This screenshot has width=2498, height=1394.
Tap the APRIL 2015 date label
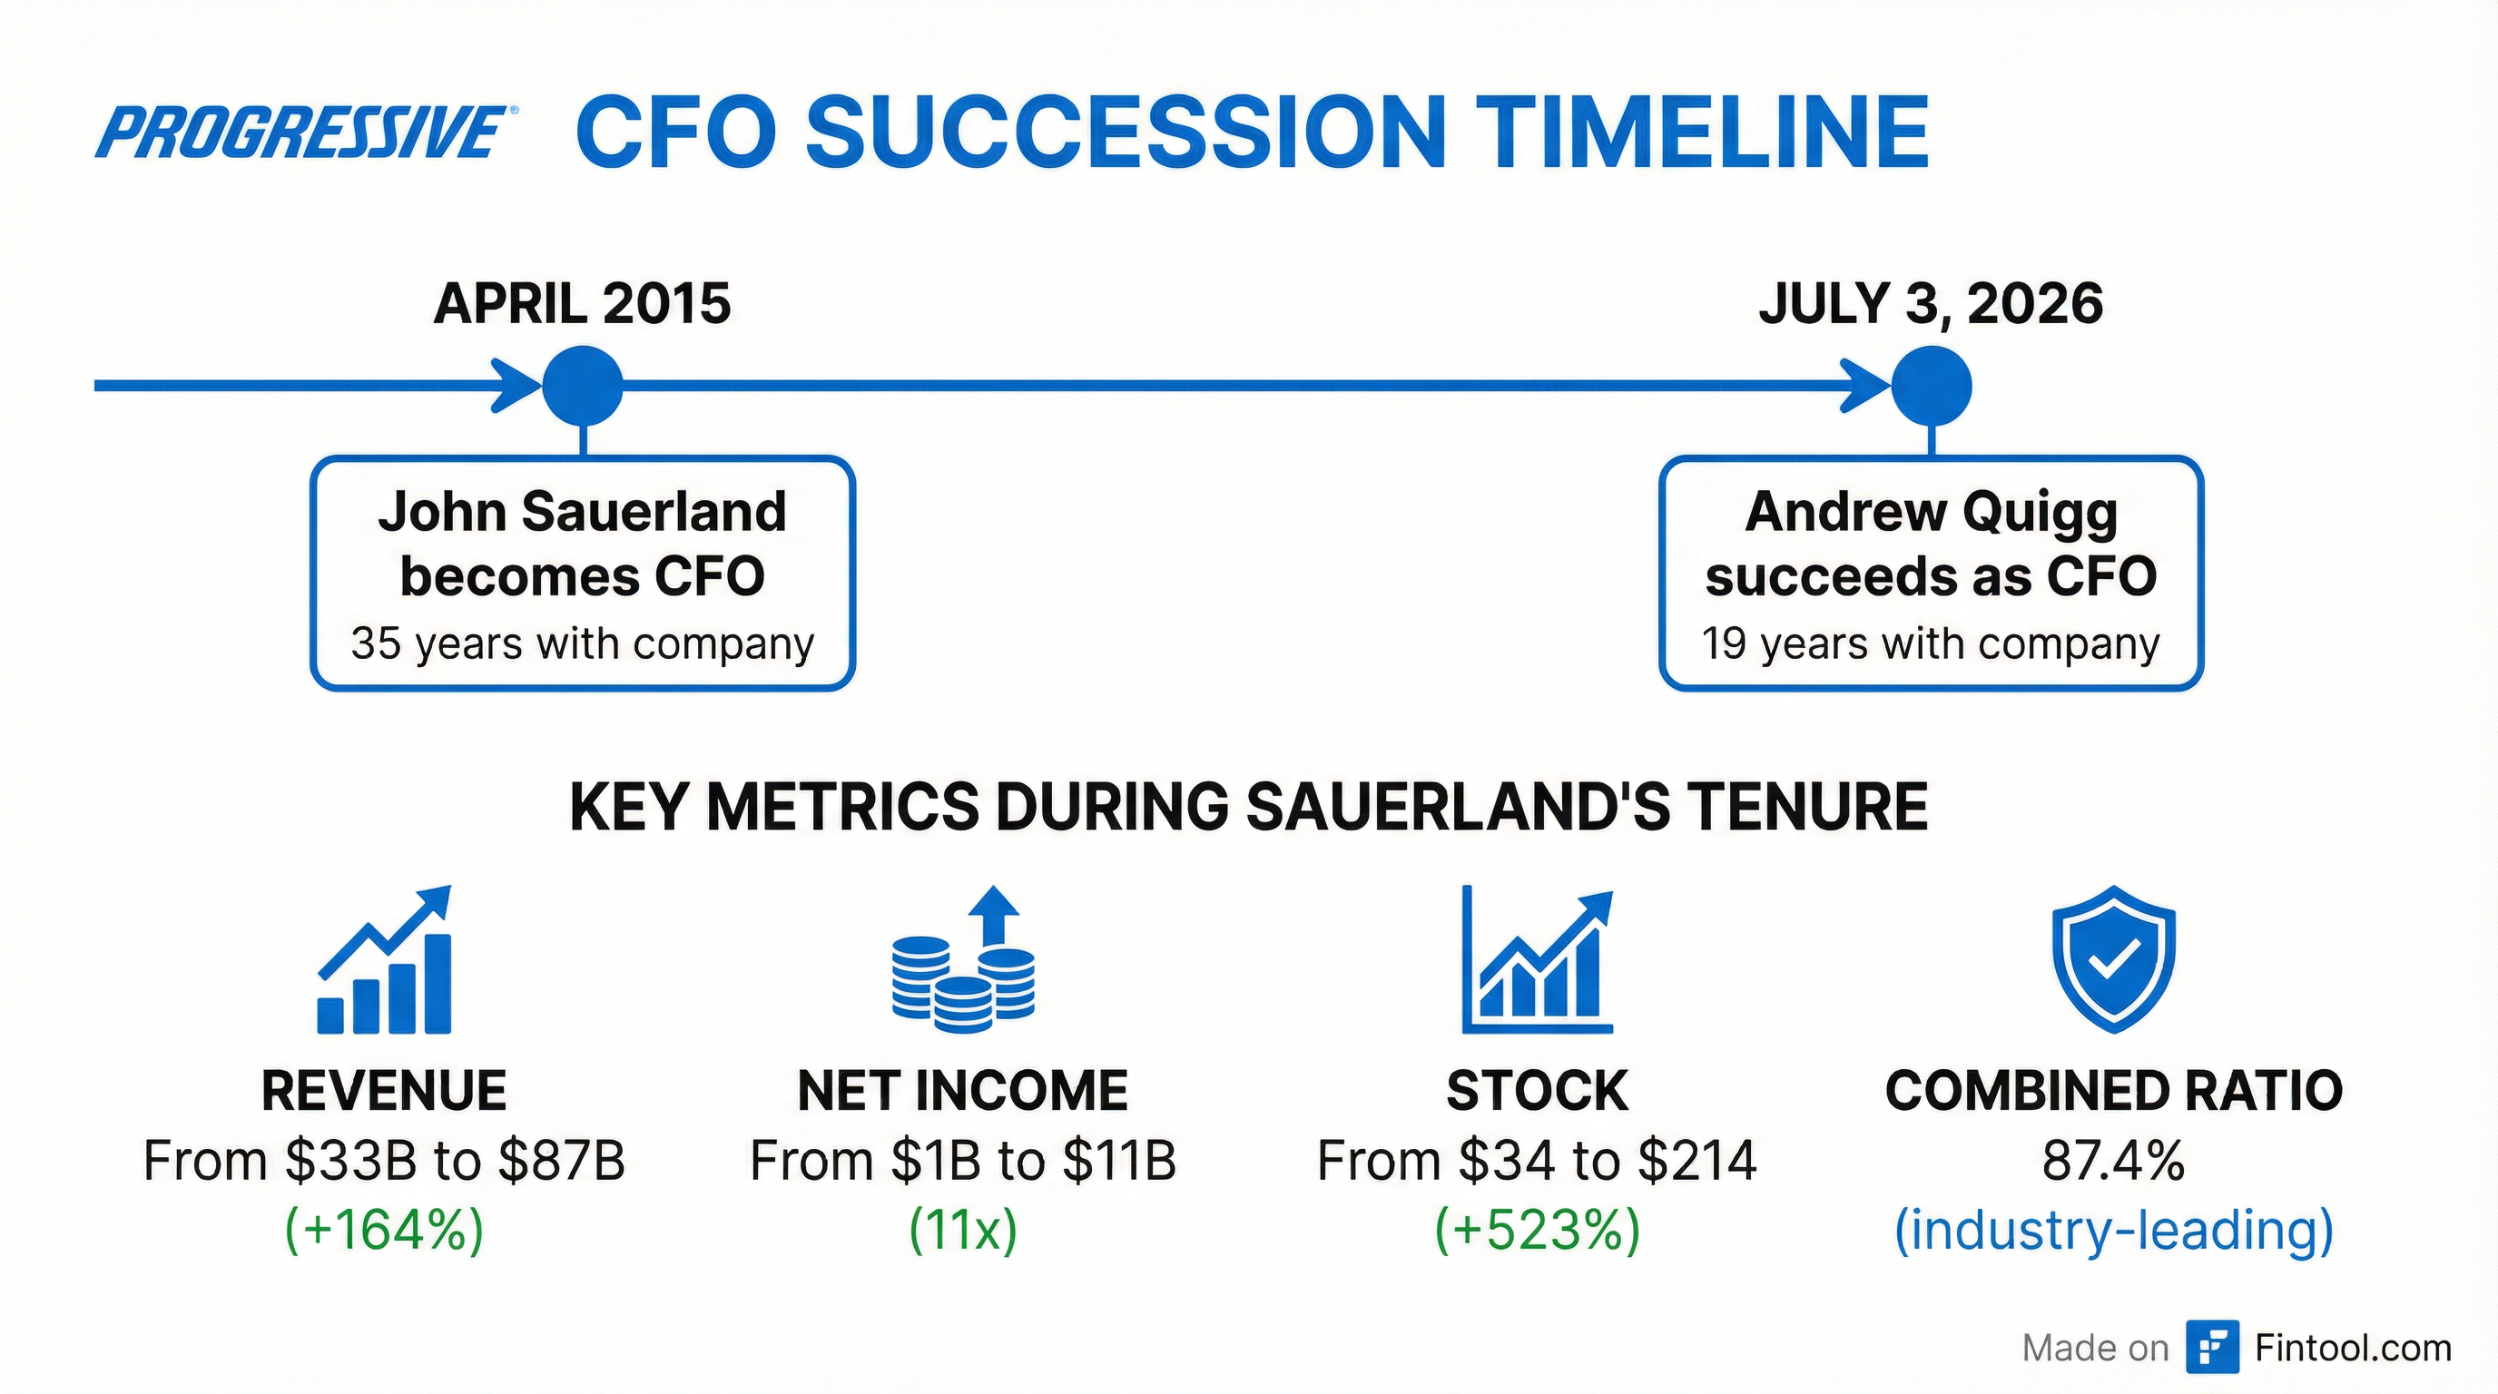tap(582, 303)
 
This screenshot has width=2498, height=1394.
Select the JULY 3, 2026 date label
tap(1931, 303)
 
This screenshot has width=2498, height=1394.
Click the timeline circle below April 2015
tap(582, 386)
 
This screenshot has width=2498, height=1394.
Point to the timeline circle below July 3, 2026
tap(1932, 386)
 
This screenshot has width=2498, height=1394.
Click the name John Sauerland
tap(582, 512)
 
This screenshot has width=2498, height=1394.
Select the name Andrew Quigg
tap(1931, 512)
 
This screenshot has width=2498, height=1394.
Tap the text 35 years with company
tap(582, 643)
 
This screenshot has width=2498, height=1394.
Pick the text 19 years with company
tap(1931, 643)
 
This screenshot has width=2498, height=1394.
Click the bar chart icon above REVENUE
tap(385, 959)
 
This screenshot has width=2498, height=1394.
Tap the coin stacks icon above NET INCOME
tap(963, 959)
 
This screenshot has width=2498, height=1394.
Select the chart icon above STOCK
tap(1536, 959)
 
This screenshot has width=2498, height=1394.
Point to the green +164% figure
tap(384, 1230)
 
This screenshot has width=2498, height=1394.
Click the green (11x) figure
tap(963, 1230)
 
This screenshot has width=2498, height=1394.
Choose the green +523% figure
tap(1537, 1230)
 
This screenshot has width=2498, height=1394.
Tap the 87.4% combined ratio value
tap(2114, 1161)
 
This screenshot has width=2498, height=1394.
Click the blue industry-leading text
tap(2114, 1230)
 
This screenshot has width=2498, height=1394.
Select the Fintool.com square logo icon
tap(2212, 1348)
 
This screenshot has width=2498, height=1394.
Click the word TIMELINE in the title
tap(1706, 132)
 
